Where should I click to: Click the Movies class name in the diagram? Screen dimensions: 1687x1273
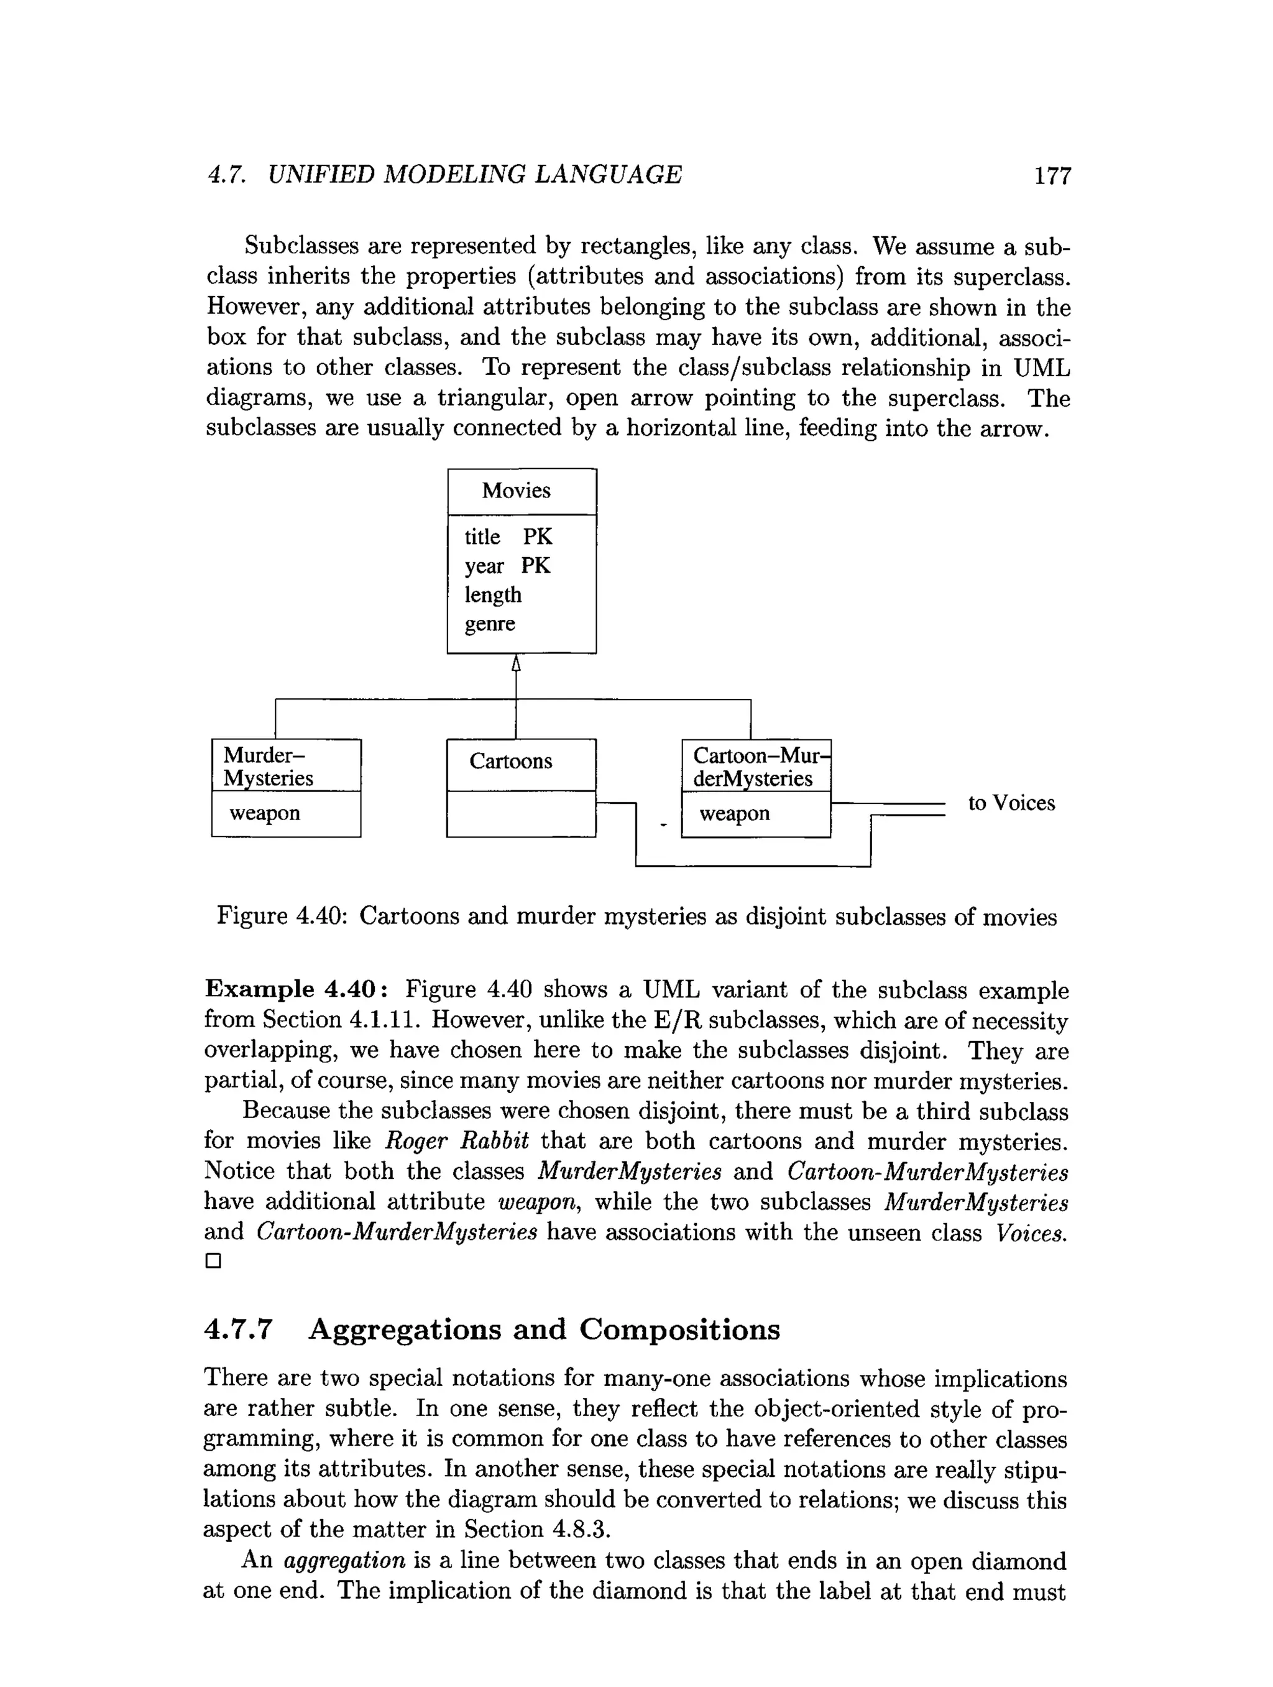(515, 491)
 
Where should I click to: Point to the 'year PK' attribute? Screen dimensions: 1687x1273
(507, 566)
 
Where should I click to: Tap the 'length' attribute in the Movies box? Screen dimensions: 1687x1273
(492, 595)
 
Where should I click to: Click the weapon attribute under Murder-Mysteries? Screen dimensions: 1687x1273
(265, 813)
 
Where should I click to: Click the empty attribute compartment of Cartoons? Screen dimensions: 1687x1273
(521, 814)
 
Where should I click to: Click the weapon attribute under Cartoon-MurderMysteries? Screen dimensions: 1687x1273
(734, 814)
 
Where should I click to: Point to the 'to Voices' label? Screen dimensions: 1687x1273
(1011, 803)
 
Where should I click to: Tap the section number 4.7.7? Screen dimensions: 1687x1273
(238, 1329)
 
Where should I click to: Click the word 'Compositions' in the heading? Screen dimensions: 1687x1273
(679, 1329)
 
